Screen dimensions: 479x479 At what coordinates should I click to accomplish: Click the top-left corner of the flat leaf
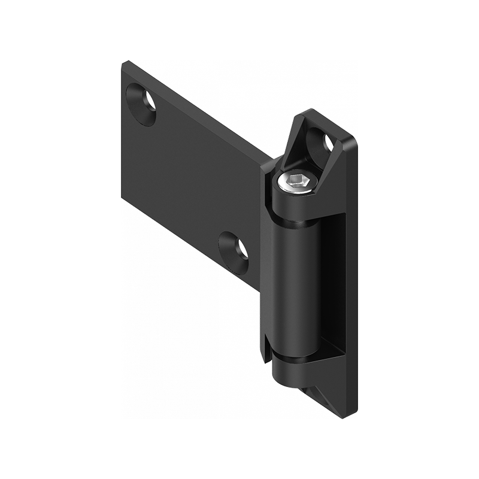pos(123,63)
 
